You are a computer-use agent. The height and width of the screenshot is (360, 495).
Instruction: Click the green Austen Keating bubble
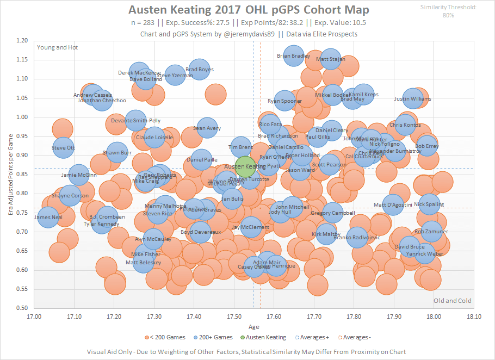(x=246, y=166)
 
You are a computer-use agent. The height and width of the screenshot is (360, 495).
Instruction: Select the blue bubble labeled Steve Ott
(x=64, y=148)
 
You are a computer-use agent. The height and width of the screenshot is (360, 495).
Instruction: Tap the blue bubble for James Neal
(x=48, y=218)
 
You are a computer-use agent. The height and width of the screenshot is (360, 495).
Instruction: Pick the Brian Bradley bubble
(x=294, y=55)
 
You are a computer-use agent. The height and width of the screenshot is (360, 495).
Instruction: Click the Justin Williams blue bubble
(x=412, y=99)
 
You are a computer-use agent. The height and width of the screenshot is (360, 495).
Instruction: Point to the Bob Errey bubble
(x=427, y=146)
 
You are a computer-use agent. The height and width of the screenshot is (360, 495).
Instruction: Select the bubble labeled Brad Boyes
(x=200, y=70)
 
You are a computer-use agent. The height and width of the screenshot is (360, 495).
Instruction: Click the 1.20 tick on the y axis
(x=23, y=41)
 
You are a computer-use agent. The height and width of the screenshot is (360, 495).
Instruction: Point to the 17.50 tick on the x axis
(x=234, y=315)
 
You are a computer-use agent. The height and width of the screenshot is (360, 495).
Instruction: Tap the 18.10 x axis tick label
(x=474, y=315)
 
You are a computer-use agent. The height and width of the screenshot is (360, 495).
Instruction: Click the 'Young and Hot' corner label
(x=57, y=47)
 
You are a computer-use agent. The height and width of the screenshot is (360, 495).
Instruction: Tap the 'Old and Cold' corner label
(x=452, y=301)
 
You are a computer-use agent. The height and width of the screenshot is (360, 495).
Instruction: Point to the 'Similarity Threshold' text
(x=449, y=8)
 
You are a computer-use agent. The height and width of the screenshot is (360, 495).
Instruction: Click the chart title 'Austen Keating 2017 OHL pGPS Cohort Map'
(x=248, y=10)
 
